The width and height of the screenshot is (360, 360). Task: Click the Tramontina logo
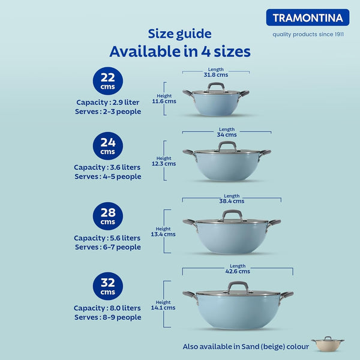[307, 17]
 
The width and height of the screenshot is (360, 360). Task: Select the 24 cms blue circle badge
[108, 146]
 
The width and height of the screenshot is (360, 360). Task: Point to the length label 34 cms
[227, 133]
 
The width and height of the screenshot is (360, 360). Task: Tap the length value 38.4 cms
[232, 199]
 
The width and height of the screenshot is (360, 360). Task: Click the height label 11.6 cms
[164, 98]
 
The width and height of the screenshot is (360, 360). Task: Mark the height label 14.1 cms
[163, 304]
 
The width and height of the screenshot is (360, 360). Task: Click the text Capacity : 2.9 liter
[108, 102]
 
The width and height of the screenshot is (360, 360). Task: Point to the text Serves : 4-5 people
[108, 176]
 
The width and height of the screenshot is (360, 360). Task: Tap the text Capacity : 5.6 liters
[107, 238]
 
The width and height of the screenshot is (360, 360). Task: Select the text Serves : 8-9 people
[108, 317]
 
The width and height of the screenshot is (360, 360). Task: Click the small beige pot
[328, 345]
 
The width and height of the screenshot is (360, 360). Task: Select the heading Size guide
[179, 34]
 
